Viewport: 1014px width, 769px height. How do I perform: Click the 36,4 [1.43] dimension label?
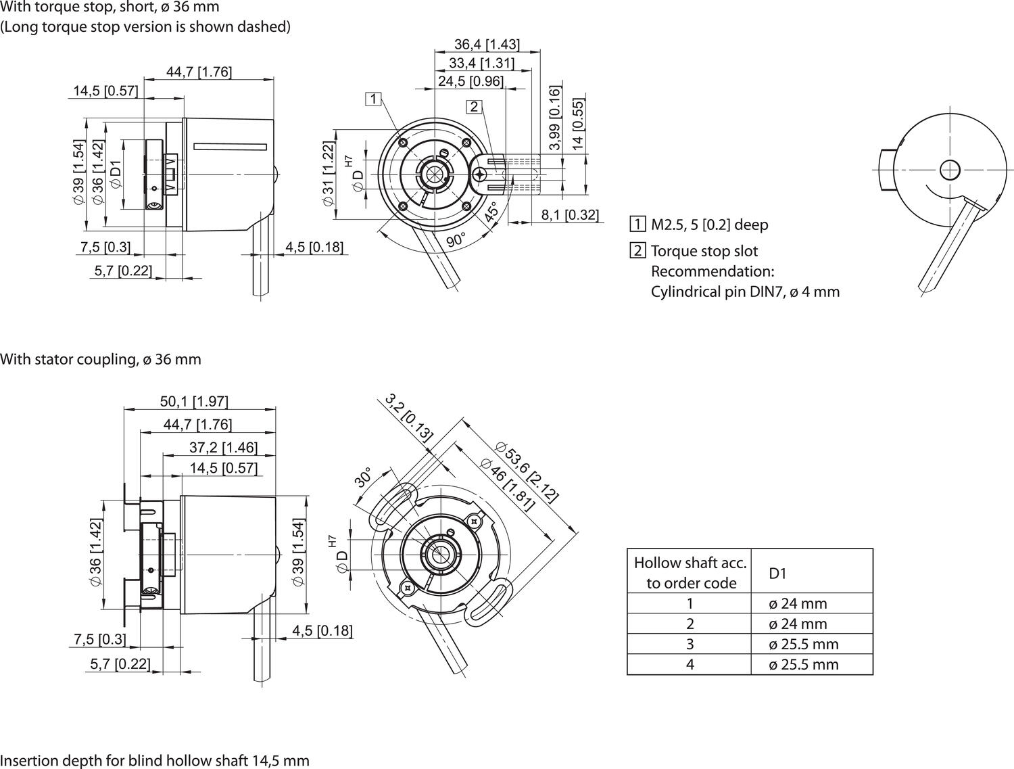pos(487,45)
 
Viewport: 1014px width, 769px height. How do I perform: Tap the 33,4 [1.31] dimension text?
pos(481,63)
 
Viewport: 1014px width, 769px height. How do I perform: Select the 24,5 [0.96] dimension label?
pos(470,81)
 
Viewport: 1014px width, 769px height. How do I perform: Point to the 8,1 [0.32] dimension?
pos(570,215)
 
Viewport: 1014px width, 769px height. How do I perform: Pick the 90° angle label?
pos(456,240)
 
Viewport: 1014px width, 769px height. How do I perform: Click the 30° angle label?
pos(363,477)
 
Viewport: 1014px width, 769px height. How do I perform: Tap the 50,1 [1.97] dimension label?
pos(194,401)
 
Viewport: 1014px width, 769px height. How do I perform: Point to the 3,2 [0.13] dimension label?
pos(409,417)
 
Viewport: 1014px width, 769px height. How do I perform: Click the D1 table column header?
pos(778,574)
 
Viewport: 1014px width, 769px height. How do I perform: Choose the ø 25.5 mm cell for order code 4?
pos(803,664)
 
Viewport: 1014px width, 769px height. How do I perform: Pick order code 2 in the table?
pos(690,624)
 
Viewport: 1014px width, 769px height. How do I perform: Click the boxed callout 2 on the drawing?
pos(474,106)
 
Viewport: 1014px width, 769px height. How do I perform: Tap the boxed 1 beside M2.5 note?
pos(637,225)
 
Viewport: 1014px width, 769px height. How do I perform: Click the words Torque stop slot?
pos(704,251)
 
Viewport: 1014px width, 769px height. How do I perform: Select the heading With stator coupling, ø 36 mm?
pos(101,359)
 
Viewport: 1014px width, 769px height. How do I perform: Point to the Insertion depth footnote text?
pos(155,760)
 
